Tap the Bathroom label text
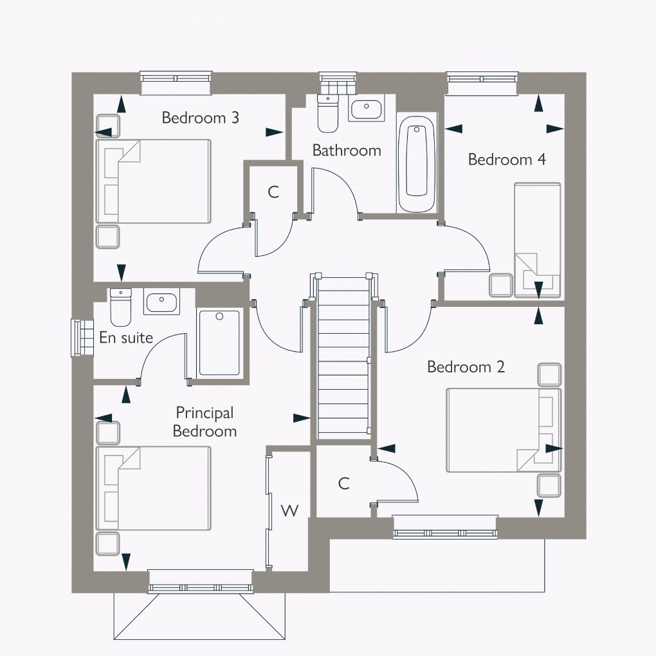[x=347, y=150]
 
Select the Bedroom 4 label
[x=507, y=159]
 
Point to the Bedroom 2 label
[x=466, y=367]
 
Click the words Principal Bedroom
[x=205, y=422]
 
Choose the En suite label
[x=126, y=338]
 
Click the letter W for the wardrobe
[x=290, y=511]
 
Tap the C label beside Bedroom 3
[x=273, y=192]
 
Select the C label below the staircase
[x=344, y=484]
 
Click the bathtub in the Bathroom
[x=416, y=163]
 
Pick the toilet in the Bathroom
[x=328, y=113]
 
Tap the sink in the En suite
[x=161, y=302]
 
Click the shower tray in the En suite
[x=219, y=343]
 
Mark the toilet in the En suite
[x=120, y=307]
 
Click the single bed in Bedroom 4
[x=537, y=240]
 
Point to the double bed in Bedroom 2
[x=504, y=430]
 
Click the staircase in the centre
[x=342, y=358]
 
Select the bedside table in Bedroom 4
[x=500, y=286]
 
